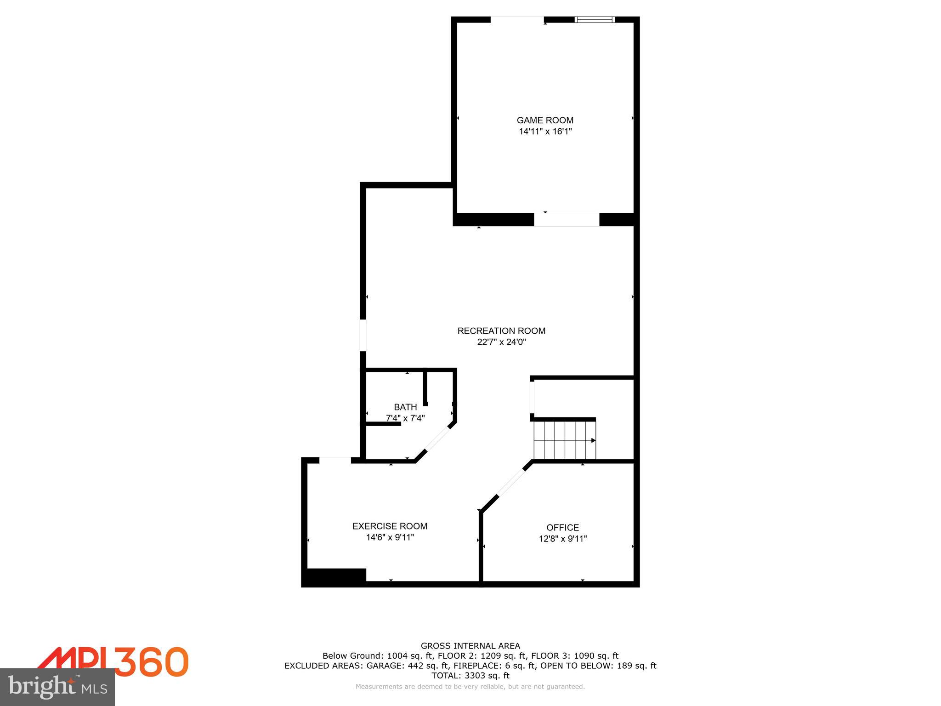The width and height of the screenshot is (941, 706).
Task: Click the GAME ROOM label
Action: [x=545, y=120]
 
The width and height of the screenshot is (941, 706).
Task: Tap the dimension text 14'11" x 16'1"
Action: [x=545, y=131]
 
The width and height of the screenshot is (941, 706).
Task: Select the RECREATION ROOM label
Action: [x=501, y=331]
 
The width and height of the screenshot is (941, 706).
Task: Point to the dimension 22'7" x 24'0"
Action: [x=501, y=342]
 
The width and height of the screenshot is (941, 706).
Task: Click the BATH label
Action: [x=405, y=407]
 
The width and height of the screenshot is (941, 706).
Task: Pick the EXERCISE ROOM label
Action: [x=390, y=526]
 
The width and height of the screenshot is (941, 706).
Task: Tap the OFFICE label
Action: [x=562, y=528]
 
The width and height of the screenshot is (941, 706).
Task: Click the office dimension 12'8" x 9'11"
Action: [x=563, y=539]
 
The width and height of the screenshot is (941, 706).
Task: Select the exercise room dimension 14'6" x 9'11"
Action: [x=390, y=537]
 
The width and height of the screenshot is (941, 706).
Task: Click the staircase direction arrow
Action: [x=593, y=440]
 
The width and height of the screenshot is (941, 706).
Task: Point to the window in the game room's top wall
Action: [x=595, y=20]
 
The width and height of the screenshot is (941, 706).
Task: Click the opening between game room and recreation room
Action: [x=567, y=220]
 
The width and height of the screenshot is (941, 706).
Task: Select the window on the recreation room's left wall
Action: [x=363, y=335]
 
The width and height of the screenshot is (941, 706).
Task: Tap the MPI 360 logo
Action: [x=113, y=661]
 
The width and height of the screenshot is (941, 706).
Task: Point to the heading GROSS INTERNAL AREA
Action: [x=470, y=646]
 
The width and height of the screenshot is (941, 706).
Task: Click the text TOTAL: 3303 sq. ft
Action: [x=470, y=676]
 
